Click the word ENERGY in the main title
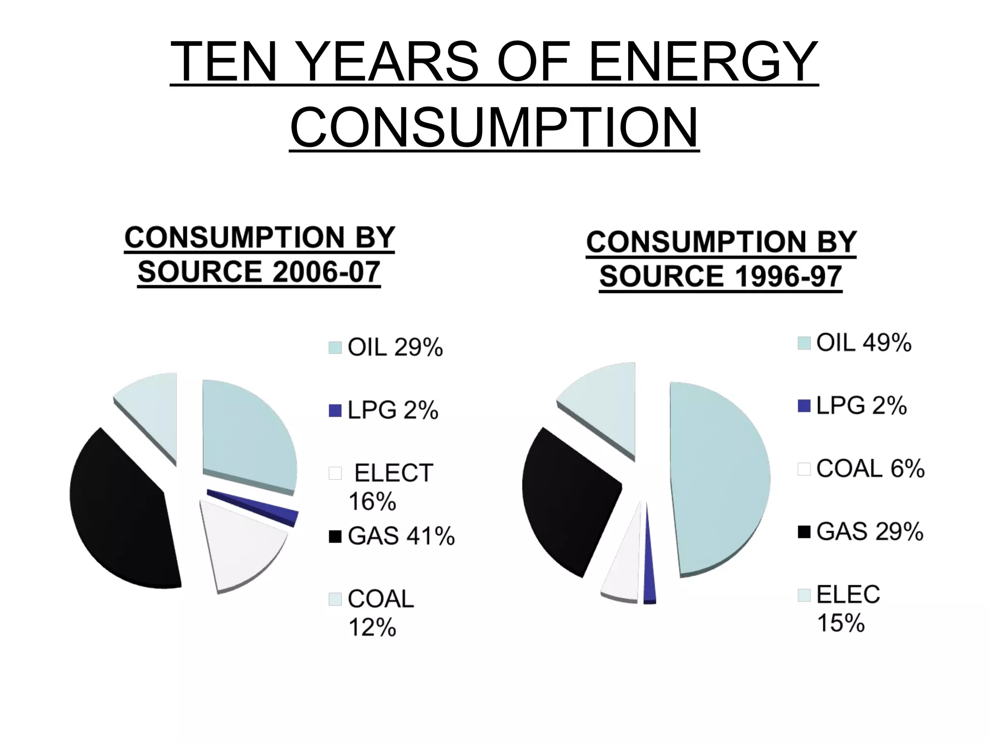(703, 62)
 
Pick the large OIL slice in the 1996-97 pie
(720, 478)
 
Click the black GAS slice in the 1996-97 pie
(567, 498)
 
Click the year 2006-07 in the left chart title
(326, 272)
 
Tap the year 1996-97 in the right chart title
(788, 277)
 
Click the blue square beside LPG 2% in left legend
(335, 411)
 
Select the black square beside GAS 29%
(804, 532)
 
